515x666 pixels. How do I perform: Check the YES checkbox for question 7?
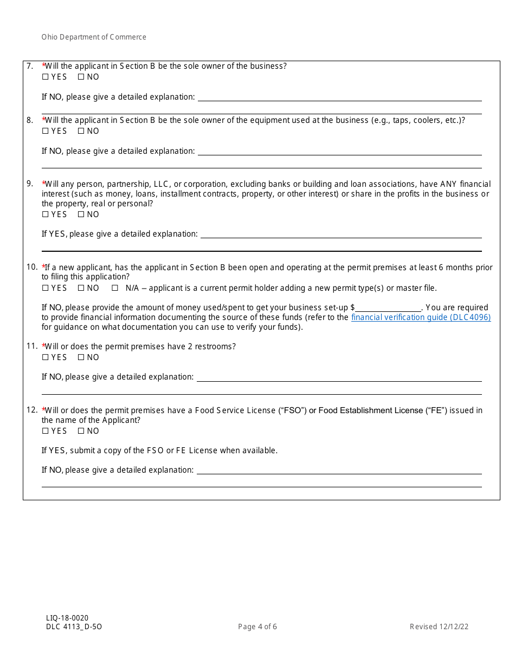point(45,77)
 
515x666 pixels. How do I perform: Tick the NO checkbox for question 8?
point(81,131)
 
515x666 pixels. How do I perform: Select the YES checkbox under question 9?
point(45,214)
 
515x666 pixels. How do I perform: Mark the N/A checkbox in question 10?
point(114,288)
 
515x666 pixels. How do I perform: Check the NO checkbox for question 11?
point(81,357)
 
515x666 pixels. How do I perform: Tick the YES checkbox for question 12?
point(45,431)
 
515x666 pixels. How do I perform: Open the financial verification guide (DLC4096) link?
point(421,317)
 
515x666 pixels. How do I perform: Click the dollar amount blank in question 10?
point(388,308)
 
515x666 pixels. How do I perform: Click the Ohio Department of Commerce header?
point(94,37)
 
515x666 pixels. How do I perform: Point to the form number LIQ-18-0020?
point(67,618)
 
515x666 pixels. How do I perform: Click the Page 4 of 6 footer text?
point(257,627)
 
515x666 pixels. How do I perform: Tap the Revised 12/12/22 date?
point(439,627)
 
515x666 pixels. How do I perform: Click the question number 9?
point(30,184)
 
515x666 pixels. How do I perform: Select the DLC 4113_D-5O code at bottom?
point(74,627)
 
